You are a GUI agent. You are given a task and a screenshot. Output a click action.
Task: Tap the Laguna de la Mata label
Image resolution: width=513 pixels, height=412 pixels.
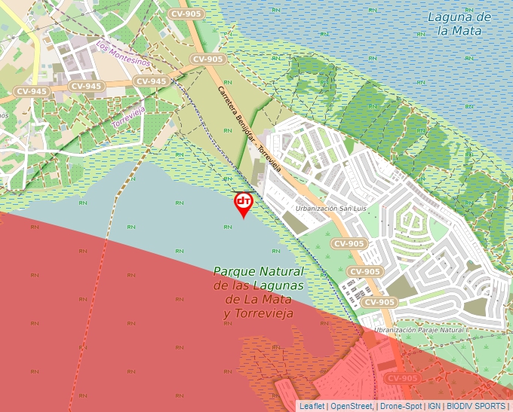(x=459, y=23)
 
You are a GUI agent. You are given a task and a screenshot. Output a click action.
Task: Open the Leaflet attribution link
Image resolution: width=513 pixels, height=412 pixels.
(x=312, y=406)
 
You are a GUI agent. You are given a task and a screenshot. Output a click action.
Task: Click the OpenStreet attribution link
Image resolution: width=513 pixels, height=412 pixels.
(x=351, y=406)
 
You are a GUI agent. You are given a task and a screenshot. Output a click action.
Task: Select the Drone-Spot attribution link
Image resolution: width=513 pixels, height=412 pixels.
(x=401, y=406)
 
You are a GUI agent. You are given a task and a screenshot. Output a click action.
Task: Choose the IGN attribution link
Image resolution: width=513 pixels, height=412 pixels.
(x=435, y=406)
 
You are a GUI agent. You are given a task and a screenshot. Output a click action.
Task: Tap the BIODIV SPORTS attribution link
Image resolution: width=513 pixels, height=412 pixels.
(x=476, y=406)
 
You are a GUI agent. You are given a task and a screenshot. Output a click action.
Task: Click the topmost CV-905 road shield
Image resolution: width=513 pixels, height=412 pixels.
(x=186, y=14)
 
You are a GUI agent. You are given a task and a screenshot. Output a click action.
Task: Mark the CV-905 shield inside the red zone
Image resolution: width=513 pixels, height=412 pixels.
(x=402, y=378)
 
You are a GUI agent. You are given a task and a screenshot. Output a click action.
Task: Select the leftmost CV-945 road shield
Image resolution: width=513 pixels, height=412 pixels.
(x=32, y=91)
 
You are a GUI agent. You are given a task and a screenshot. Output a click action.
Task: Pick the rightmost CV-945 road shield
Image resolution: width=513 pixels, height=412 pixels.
(x=150, y=81)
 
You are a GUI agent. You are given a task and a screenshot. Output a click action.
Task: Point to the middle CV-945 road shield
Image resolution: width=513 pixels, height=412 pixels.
(x=86, y=86)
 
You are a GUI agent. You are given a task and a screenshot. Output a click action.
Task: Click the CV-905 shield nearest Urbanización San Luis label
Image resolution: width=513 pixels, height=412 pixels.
(x=349, y=243)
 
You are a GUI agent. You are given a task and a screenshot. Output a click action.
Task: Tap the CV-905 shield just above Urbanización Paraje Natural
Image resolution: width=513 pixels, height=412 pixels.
(x=379, y=302)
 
